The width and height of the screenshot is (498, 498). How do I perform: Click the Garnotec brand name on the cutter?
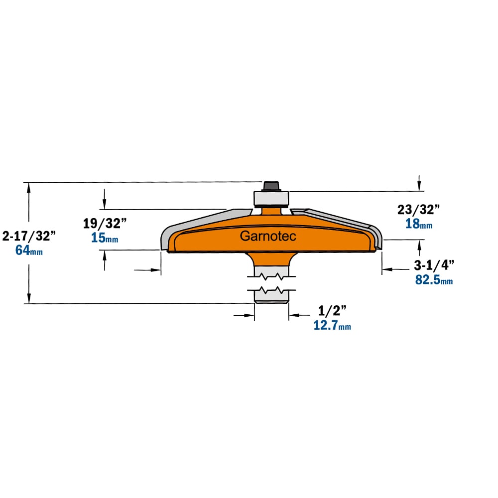click(268, 236)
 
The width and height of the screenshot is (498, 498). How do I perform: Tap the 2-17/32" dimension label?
click(29, 236)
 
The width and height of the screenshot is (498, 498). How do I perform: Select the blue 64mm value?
click(29, 250)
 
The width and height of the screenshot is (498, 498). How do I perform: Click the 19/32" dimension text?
click(105, 223)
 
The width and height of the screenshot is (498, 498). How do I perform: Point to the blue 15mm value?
click(105, 238)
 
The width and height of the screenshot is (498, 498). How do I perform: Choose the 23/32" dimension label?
click(419, 209)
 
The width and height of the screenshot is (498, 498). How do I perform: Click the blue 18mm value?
click(419, 224)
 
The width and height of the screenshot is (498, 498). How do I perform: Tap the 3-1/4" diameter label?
click(434, 265)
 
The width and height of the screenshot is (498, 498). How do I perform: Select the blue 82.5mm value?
click(434, 279)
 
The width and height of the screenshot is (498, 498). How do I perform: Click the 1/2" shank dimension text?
click(332, 311)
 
